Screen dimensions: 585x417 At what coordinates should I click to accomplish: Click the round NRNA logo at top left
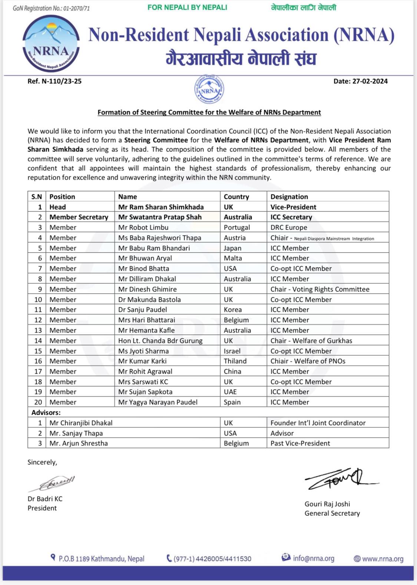point(51,44)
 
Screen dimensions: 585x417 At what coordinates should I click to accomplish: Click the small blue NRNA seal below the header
point(209,89)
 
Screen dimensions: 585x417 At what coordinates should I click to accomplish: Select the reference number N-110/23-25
point(54,81)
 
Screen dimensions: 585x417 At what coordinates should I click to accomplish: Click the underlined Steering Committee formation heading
point(209,112)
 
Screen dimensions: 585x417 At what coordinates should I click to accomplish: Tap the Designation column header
point(289,197)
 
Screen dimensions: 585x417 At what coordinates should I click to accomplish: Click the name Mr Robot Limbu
point(143,227)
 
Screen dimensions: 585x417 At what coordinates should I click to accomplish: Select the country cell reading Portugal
point(236,227)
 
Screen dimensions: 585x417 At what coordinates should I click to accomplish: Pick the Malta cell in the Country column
point(233,258)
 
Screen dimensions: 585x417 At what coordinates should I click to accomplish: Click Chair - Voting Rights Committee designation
point(320,289)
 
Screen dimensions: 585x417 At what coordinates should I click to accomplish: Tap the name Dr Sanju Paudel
point(142,310)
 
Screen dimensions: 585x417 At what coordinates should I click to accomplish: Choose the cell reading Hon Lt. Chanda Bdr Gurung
point(160,341)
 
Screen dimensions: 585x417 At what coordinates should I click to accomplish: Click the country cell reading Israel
point(232,351)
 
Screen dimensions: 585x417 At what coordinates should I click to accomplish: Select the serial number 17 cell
point(38,371)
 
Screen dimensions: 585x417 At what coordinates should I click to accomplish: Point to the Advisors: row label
point(46,412)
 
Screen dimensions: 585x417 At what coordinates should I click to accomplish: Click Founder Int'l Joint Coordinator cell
point(318,423)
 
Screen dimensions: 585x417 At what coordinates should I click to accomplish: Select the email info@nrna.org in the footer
point(313,558)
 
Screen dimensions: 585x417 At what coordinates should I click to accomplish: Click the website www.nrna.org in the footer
point(383,559)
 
